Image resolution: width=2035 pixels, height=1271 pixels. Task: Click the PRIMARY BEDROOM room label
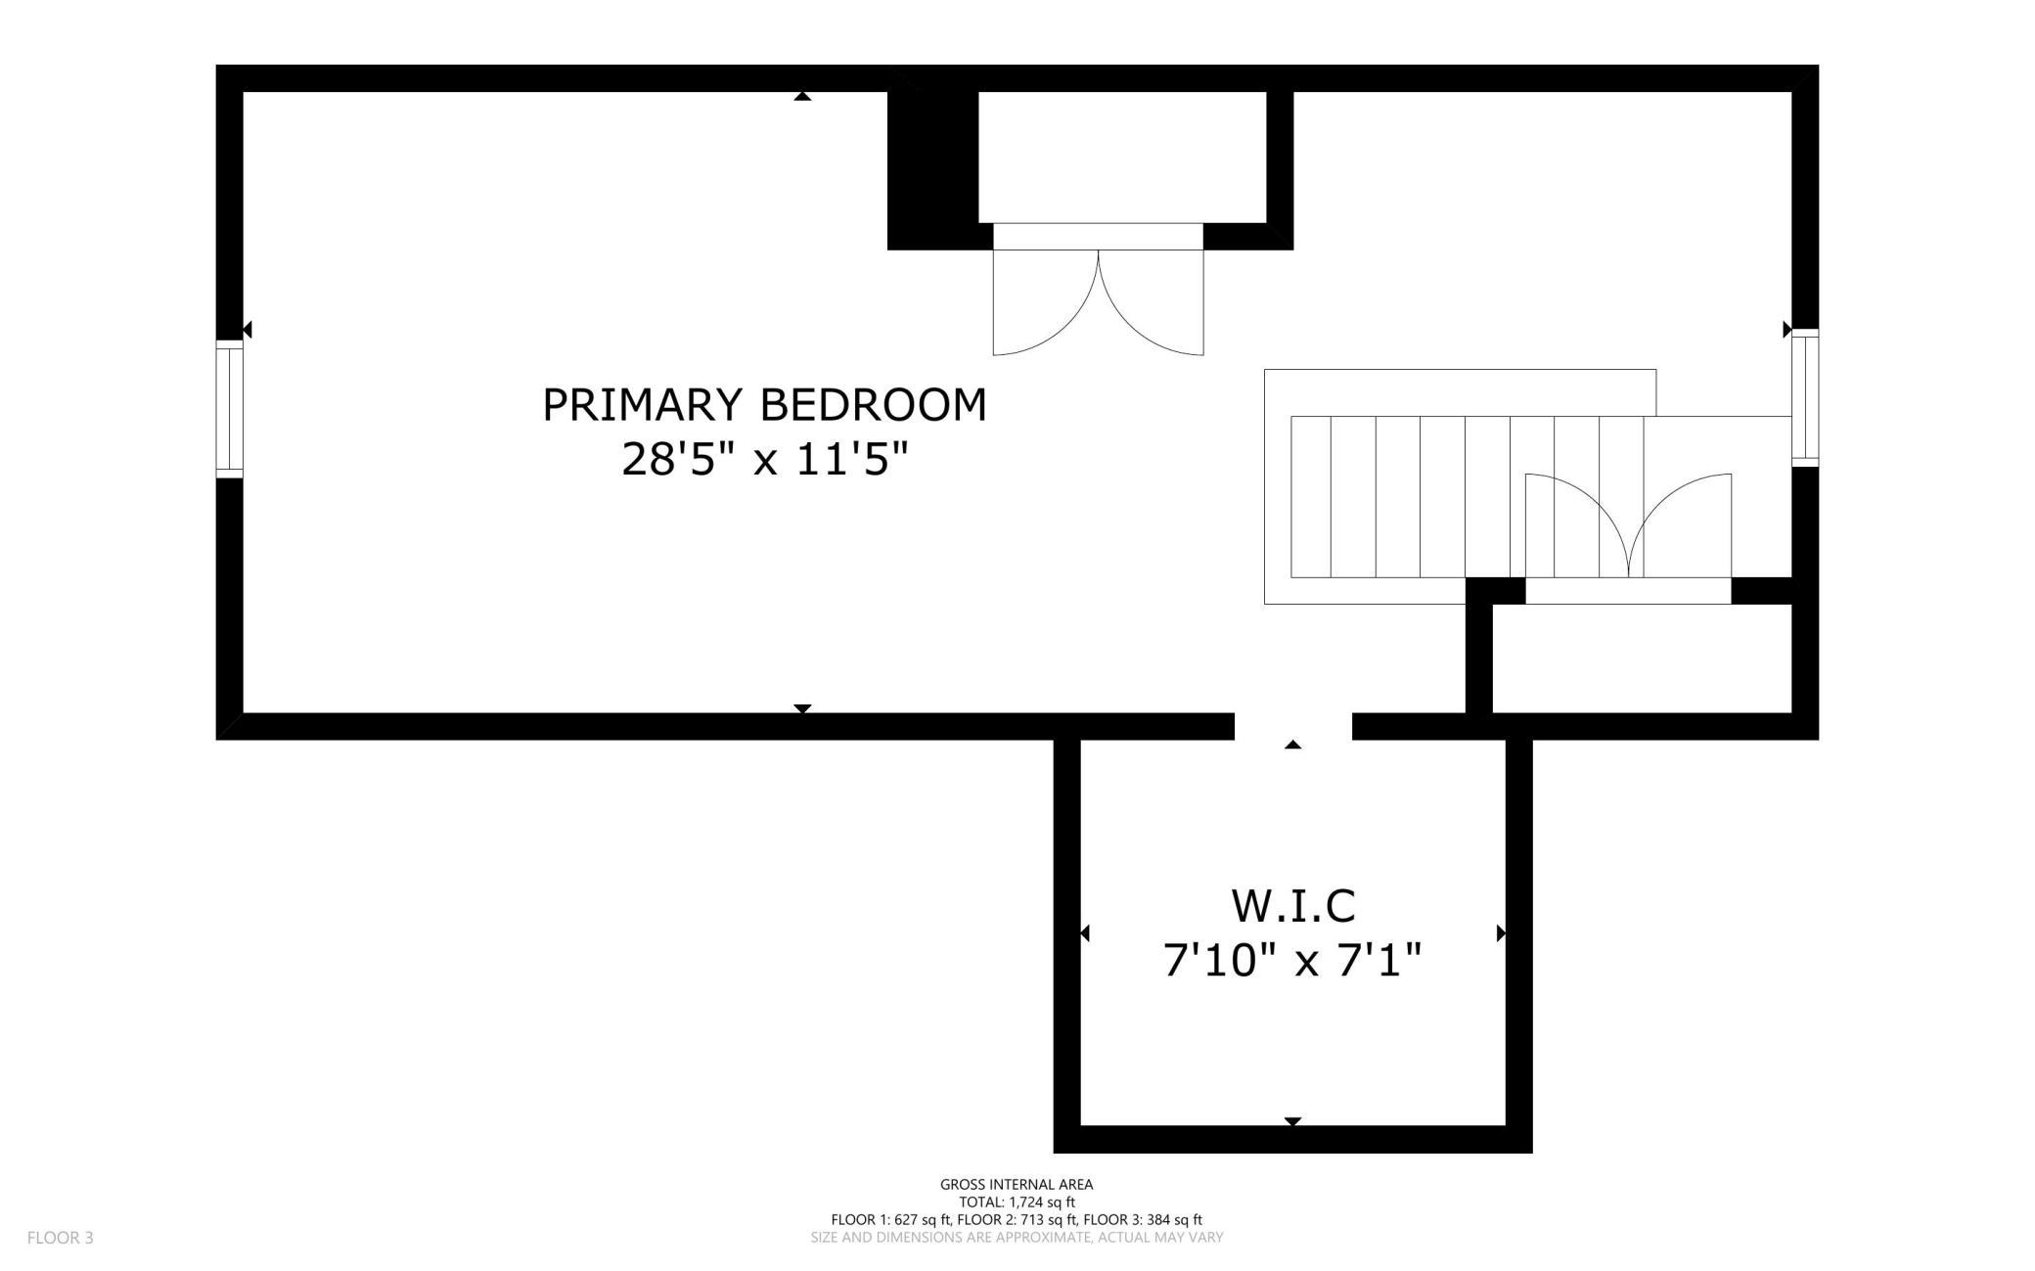click(x=764, y=405)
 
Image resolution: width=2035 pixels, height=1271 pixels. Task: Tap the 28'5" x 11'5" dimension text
click(x=764, y=458)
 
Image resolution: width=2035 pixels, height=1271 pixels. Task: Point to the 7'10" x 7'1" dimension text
click(x=1292, y=959)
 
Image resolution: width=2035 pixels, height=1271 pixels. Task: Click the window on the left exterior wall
click(x=229, y=409)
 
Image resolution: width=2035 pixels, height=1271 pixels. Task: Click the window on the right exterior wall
click(x=1805, y=397)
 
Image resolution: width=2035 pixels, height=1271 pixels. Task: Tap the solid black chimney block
click(x=933, y=170)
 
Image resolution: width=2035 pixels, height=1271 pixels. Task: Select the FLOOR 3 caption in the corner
click(x=61, y=1238)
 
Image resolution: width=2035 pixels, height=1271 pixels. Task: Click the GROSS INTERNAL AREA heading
click(x=1017, y=1184)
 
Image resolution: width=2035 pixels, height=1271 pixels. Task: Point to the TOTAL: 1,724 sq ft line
click(x=1017, y=1202)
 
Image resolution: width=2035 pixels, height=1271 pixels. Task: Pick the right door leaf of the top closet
click(x=1152, y=303)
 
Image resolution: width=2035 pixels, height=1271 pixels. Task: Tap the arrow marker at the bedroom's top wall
click(x=802, y=96)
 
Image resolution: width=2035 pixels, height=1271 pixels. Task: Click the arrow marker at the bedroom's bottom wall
click(x=802, y=708)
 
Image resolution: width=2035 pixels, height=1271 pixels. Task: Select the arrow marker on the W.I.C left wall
click(x=1084, y=933)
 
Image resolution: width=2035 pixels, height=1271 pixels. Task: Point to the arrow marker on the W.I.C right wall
click(x=1501, y=933)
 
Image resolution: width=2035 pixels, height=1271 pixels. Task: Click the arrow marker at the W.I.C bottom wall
click(x=1292, y=1121)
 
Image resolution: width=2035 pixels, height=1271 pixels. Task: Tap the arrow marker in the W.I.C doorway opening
click(x=1292, y=745)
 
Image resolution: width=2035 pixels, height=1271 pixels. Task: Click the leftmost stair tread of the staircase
click(x=1311, y=497)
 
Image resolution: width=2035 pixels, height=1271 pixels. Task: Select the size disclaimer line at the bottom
click(x=1017, y=1238)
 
